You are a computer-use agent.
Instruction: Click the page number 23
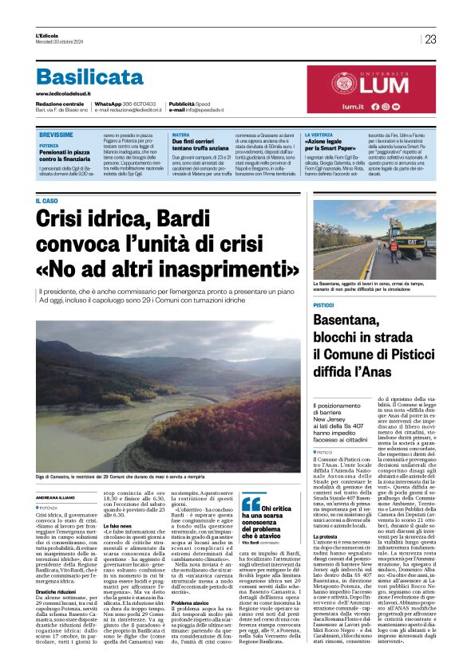pyautogui.click(x=430, y=39)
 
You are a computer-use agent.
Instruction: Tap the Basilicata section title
pyautogui.click(x=89, y=77)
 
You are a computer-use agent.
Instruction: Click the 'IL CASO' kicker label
pyautogui.click(x=47, y=200)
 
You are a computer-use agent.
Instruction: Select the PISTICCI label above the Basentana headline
pyautogui.click(x=323, y=305)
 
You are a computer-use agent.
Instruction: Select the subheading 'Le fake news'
pyautogui.click(x=117, y=527)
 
